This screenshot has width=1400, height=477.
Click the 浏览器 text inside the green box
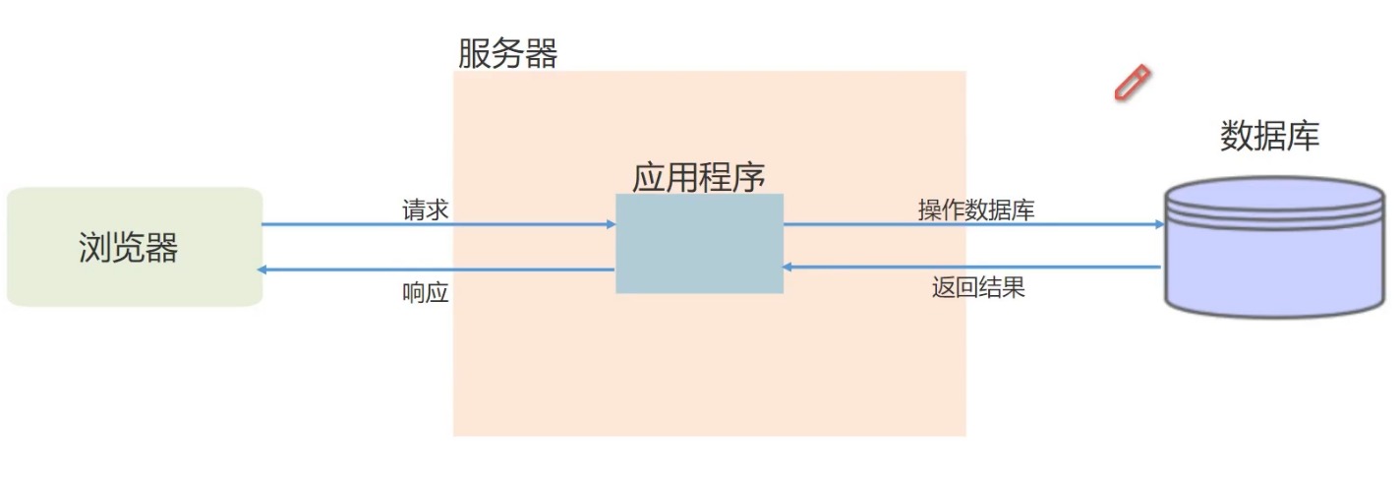(128, 248)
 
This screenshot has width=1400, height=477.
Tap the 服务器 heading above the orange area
(507, 53)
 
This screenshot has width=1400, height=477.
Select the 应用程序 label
(698, 177)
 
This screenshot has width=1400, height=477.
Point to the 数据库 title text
(1269, 136)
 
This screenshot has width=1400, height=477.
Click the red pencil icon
(1132, 83)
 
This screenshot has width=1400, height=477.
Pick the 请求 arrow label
(426, 209)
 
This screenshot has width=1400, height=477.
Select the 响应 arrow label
(426, 292)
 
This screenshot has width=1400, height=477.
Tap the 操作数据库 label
(976, 209)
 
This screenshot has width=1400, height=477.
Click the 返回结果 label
(978, 289)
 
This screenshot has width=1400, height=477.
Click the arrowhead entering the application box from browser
(611, 224)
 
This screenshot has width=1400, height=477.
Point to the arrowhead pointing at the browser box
(262, 269)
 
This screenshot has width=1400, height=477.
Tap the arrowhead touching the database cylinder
(1159, 224)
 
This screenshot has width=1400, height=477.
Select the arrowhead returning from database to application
(788, 267)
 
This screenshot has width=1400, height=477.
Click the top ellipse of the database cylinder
(1273, 191)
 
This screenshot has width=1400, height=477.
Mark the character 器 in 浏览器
(161, 248)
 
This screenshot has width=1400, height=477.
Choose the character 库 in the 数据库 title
(1303, 136)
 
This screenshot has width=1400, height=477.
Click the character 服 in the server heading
(475, 53)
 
